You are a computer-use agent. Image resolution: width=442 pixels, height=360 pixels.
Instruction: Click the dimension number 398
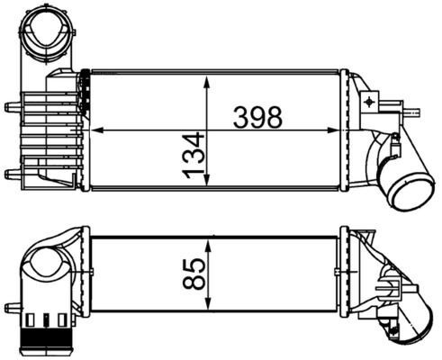coord(257,117)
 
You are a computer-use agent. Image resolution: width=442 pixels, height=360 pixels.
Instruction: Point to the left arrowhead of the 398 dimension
coord(96,131)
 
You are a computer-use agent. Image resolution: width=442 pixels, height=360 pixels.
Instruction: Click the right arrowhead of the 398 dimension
coord(347,131)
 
